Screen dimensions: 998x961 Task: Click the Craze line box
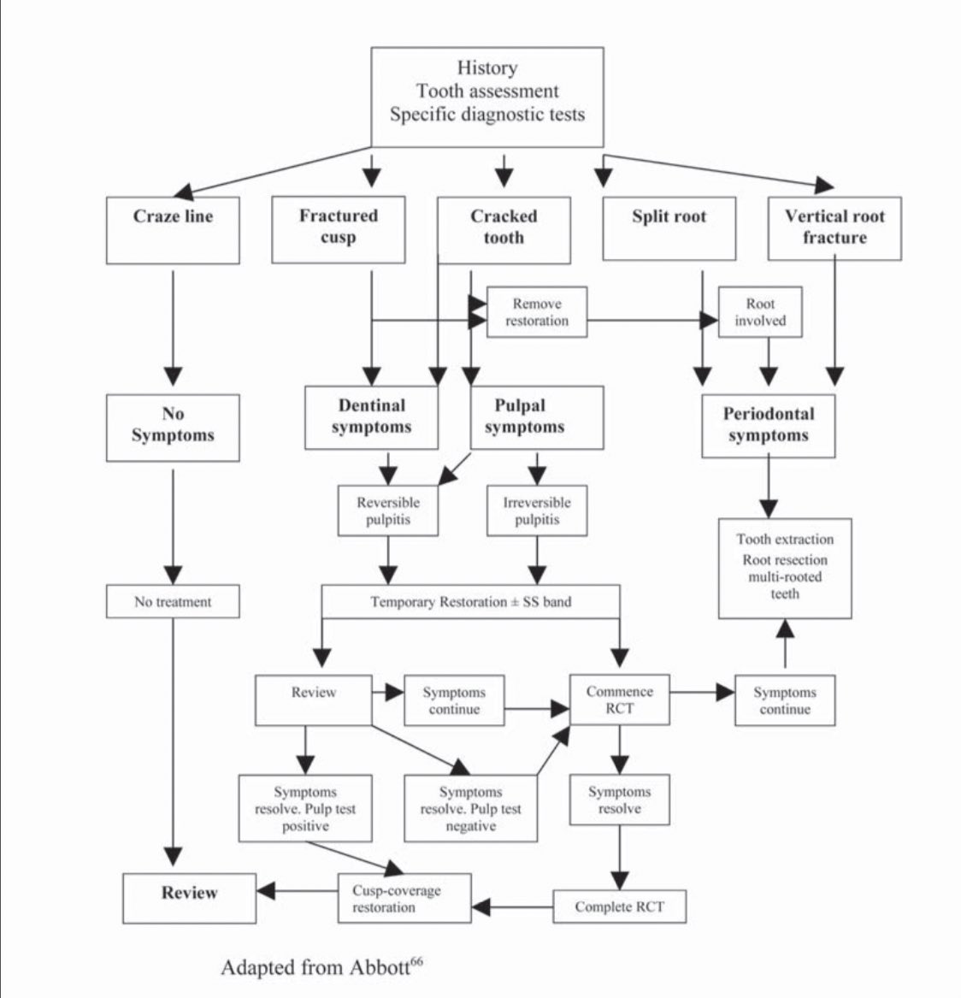(173, 230)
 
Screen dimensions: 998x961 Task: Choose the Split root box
(669, 228)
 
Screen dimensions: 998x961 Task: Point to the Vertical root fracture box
(834, 228)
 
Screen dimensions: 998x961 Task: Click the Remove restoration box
(537, 312)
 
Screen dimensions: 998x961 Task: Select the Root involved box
(760, 312)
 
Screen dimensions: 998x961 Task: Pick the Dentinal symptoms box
(371, 416)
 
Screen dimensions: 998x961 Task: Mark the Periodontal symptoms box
(768, 425)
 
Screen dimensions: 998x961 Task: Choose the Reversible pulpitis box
(388, 511)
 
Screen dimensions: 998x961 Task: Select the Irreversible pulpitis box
(536, 511)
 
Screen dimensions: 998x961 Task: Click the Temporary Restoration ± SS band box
(470, 602)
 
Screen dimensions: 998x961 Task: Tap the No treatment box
(173, 602)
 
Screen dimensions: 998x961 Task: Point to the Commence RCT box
(620, 700)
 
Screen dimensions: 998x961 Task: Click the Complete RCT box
(619, 906)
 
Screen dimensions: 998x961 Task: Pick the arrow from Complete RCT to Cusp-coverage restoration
(512, 905)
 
